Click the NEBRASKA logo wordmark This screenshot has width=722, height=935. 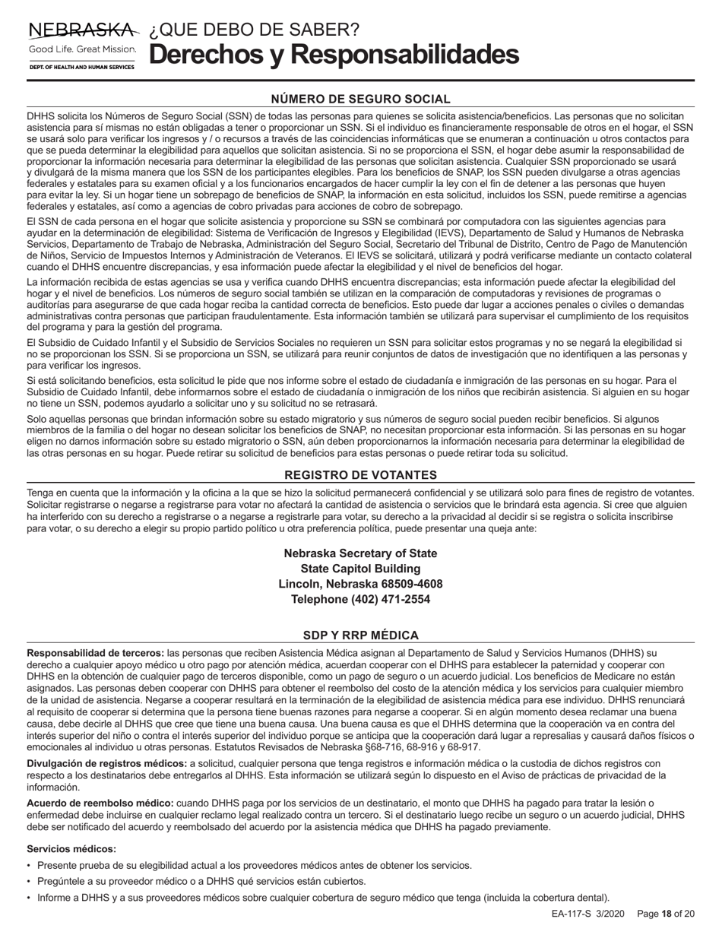(x=83, y=30)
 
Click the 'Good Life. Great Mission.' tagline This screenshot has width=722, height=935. (x=82, y=49)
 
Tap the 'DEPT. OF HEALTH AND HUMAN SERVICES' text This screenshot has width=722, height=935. (x=82, y=68)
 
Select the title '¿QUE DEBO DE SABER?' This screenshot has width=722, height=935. (x=255, y=30)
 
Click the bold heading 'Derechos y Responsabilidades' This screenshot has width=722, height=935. (x=334, y=55)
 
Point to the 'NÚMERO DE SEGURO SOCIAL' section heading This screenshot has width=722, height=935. (x=360, y=99)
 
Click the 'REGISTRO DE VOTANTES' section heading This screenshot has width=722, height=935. (x=360, y=475)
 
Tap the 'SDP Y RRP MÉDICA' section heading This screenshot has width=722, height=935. (x=360, y=635)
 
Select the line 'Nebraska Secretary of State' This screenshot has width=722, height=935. (x=360, y=553)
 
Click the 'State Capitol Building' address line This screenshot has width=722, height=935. (x=360, y=569)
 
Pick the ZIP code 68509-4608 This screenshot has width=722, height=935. (x=408, y=584)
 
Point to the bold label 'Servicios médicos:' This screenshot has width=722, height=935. (x=71, y=848)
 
